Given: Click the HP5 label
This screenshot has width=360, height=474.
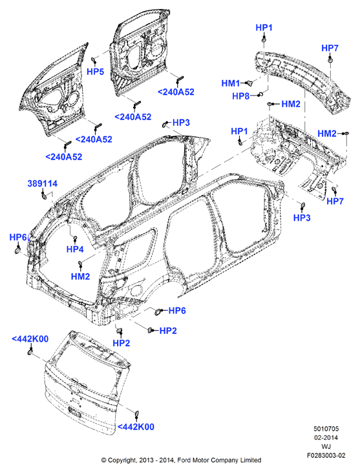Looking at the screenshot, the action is click(95, 72).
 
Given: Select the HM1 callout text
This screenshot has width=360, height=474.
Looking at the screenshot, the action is click(231, 83).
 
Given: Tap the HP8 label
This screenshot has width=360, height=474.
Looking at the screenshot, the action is click(241, 96).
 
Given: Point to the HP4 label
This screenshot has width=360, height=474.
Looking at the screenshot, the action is click(75, 249).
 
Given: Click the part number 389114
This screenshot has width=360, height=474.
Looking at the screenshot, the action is click(43, 183).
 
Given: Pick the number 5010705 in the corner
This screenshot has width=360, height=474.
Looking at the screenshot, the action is click(326, 429).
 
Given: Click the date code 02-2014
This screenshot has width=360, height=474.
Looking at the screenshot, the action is click(326, 437).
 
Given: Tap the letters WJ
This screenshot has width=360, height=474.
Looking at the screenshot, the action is click(326, 446).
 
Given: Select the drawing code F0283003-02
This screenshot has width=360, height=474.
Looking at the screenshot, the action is click(326, 455).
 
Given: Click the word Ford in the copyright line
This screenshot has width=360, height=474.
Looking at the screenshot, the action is click(184, 460).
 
